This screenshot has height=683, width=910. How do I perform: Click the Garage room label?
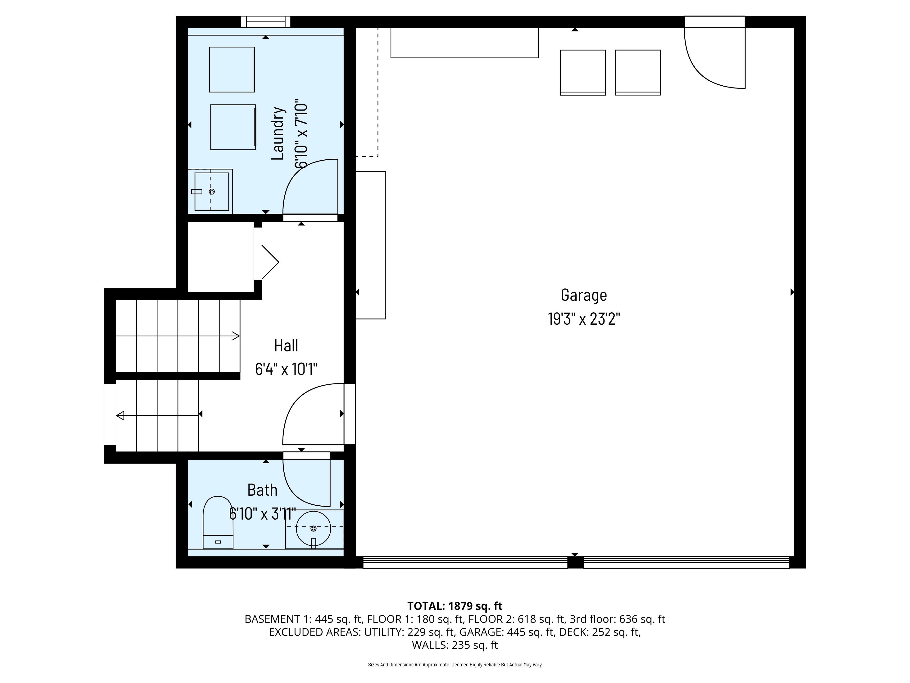click(x=584, y=295)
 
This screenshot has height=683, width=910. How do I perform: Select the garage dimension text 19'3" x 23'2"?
click(x=584, y=319)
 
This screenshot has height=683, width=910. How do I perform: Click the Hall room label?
click(x=286, y=345)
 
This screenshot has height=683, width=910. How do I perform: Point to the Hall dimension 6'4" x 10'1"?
click(x=286, y=369)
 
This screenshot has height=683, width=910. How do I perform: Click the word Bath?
click(x=263, y=490)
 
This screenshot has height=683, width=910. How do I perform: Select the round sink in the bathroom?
click(x=314, y=528)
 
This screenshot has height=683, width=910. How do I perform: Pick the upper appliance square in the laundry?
click(x=232, y=69)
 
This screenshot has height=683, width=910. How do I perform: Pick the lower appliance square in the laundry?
click(x=233, y=127)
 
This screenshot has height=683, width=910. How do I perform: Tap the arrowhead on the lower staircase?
click(x=120, y=416)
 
